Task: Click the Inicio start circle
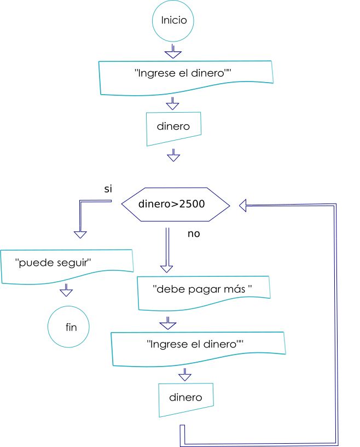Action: coord(174,21)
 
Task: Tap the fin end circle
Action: coord(71,328)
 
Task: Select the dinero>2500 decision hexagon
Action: coord(175,205)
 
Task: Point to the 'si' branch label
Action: coord(108,189)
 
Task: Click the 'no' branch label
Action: coord(194,234)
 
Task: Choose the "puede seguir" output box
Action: coord(67,265)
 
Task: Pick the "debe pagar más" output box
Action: coord(204,288)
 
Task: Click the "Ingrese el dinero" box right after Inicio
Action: coord(185,74)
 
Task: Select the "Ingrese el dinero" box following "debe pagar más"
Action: coord(199,346)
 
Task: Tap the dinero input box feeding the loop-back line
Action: coord(185,397)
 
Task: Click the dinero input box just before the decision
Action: coord(173,127)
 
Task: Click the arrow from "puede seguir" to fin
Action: coord(66,290)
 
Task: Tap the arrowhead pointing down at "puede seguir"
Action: coord(80,234)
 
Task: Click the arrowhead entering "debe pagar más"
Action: coord(167,268)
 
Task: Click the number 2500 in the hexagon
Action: coord(193,205)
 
